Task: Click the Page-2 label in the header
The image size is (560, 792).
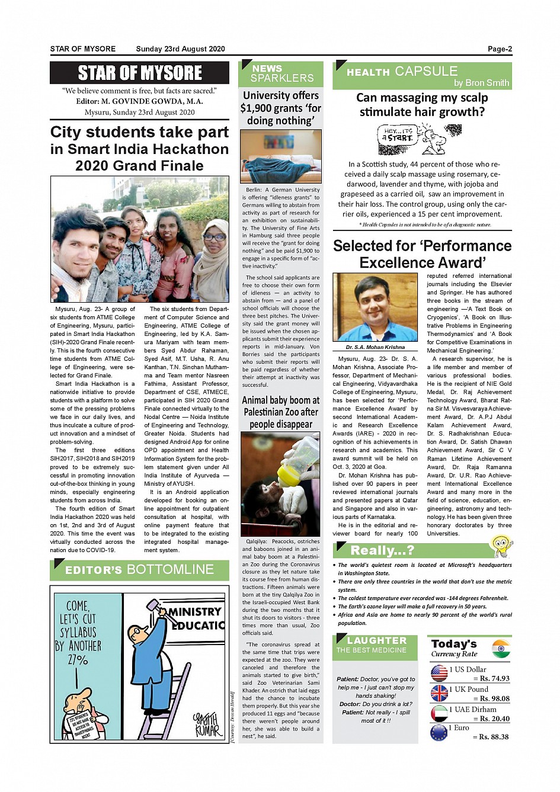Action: [x=500, y=49]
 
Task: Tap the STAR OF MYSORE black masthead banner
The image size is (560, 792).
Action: [x=140, y=73]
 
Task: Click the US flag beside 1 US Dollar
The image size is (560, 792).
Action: [x=439, y=673]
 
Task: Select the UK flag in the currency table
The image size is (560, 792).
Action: [x=439, y=693]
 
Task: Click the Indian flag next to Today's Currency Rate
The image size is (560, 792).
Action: [x=501, y=649]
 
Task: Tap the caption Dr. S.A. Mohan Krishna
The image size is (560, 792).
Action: [x=375, y=347]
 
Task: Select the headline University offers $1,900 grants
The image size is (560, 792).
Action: [x=281, y=108]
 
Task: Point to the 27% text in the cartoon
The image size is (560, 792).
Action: [x=78, y=660]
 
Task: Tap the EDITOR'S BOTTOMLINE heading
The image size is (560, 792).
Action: [x=139, y=570]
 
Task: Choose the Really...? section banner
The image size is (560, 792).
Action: [x=382, y=550]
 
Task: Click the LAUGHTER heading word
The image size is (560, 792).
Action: [x=377, y=640]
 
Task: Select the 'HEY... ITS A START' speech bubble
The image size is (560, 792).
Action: [x=396, y=136]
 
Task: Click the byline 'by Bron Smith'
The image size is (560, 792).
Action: [x=481, y=83]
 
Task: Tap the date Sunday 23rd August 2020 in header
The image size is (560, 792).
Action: [x=180, y=49]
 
